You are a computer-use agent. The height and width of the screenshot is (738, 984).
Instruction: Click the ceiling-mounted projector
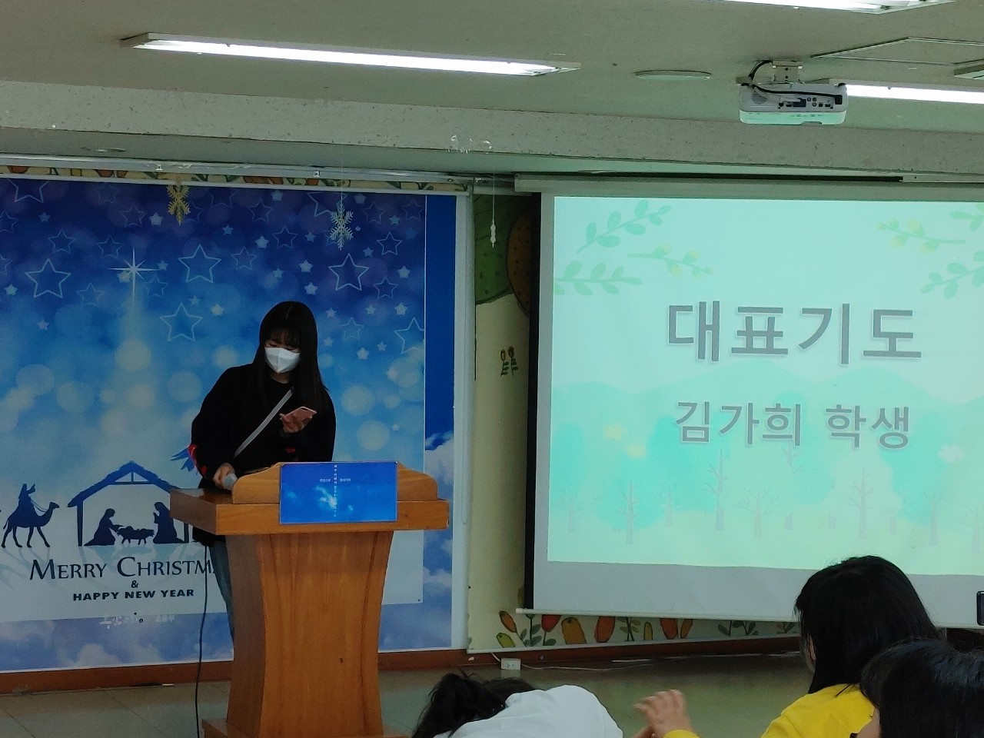point(792,101)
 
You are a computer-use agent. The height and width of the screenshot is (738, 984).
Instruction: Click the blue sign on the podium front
point(338,491)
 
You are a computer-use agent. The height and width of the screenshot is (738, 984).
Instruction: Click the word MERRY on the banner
point(69,570)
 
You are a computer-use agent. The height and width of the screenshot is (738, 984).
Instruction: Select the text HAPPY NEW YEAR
point(134,594)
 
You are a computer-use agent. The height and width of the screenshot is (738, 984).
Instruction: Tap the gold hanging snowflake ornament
point(178,201)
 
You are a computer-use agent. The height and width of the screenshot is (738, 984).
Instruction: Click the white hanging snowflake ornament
point(341,224)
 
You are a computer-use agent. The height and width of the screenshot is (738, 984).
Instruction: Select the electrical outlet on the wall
point(508,663)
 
